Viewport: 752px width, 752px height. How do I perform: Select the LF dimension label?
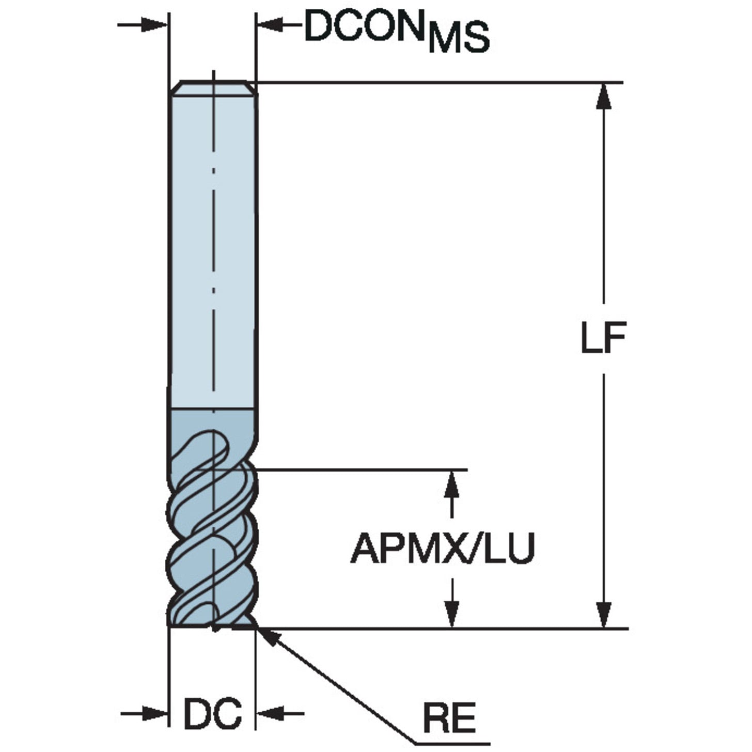[x=603, y=338]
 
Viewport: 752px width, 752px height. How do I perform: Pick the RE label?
[x=449, y=718]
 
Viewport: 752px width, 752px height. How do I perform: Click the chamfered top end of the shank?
[x=213, y=88]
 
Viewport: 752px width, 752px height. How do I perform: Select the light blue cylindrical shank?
[x=213, y=248]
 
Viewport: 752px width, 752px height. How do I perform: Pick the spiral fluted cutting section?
[x=213, y=527]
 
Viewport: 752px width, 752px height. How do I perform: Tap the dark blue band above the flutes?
[x=213, y=421]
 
